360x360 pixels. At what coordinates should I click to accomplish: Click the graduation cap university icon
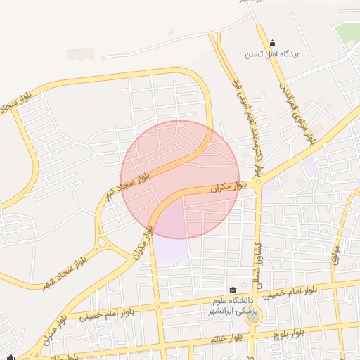click(x=232, y=290)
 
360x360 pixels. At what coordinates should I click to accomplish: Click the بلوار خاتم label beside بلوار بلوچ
click(x=226, y=339)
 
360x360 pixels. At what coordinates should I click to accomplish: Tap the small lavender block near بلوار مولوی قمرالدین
click(x=309, y=167)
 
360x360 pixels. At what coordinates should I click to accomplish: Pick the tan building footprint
click(x=81, y=53)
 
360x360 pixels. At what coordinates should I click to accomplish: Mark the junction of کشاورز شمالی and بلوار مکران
click(x=258, y=182)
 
